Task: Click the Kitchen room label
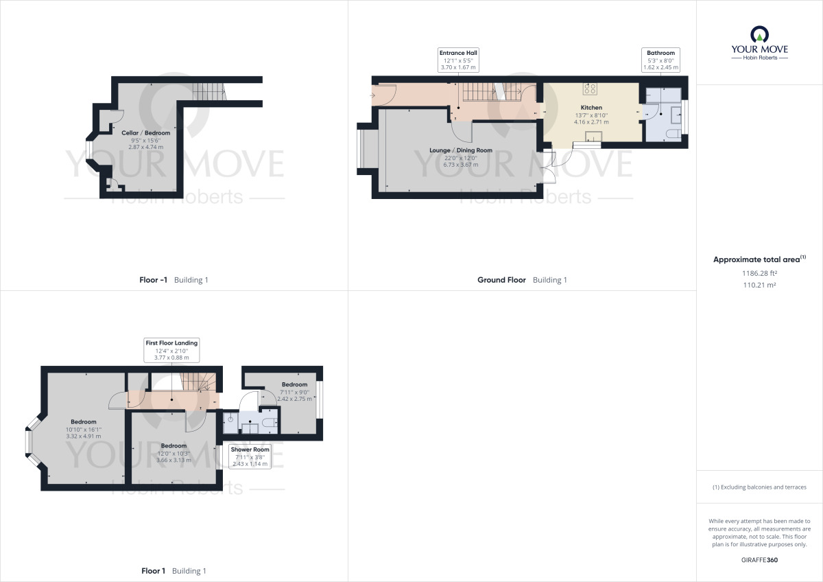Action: (x=591, y=108)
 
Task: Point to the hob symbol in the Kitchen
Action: (x=590, y=88)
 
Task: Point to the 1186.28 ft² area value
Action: (x=759, y=272)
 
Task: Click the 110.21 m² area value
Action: (x=759, y=284)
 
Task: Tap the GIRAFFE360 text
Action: (x=759, y=560)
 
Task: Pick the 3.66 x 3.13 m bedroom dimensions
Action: (x=174, y=460)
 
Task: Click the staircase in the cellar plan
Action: (x=208, y=91)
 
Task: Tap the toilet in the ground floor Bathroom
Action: (x=672, y=133)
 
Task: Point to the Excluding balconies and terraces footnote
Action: (x=759, y=487)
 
